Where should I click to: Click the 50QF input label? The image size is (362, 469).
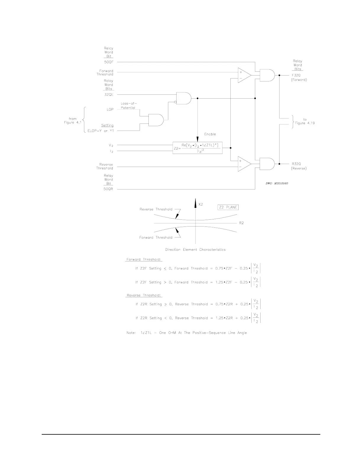coord(109,62)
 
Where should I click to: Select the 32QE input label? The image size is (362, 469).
coord(109,94)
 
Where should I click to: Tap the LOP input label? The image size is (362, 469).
coord(110,110)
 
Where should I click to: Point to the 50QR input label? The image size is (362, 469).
coord(109,189)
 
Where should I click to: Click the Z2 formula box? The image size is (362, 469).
coord(197,148)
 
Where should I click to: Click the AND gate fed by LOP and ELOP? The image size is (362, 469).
coord(155,120)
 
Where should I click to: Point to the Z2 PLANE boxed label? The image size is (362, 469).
coord(228,207)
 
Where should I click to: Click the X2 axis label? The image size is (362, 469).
coord(201,205)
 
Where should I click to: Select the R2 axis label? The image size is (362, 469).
coord(241,223)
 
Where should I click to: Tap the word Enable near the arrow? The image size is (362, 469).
coord(210,134)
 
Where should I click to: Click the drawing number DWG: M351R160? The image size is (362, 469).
coord(277,184)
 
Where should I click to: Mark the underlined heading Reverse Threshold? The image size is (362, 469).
coord(144,295)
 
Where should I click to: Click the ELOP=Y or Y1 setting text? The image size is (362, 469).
coord(101,131)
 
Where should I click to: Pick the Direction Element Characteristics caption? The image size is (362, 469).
coord(195,250)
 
